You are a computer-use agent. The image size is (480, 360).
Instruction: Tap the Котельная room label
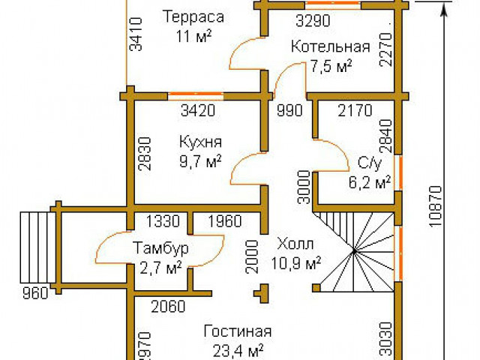(x=331, y=47)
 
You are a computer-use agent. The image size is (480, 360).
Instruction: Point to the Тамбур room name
(x=160, y=247)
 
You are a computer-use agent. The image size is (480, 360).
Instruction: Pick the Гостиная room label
(x=237, y=331)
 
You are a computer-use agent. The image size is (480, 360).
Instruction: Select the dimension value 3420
(x=198, y=112)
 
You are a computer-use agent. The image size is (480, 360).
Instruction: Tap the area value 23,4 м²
(x=237, y=349)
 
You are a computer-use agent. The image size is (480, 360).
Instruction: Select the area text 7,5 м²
(x=331, y=66)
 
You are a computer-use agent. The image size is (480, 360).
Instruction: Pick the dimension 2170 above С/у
(x=355, y=112)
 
